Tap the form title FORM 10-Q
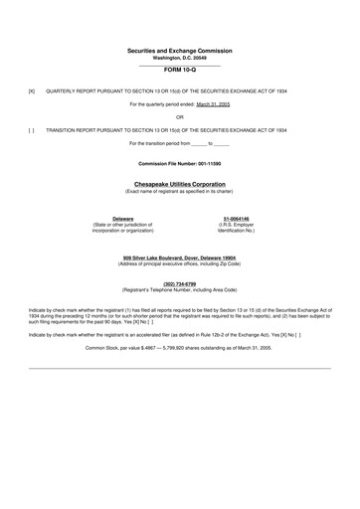tap(179, 72)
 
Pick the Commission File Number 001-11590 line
tap(179, 162)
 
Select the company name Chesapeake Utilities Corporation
tap(179, 184)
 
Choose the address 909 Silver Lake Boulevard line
tap(179, 258)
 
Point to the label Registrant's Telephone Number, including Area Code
tap(179, 289)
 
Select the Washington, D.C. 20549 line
tap(179, 56)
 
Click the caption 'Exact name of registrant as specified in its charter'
tap(179, 191)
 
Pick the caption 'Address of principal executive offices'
tap(179, 264)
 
